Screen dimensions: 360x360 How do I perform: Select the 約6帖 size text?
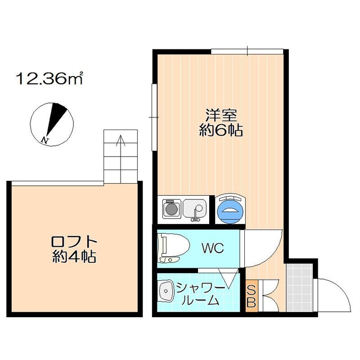pyautogui.click(x=221, y=131)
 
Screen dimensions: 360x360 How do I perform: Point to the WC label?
pyautogui.click(x=212, y=248)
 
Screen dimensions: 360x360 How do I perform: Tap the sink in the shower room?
pyautogui.click(x=166, y=293)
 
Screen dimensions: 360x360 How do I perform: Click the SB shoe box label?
pyautogui.click(x=252, y=296)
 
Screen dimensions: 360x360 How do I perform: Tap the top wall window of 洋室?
pyautogui.click(x=247, y=51)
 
